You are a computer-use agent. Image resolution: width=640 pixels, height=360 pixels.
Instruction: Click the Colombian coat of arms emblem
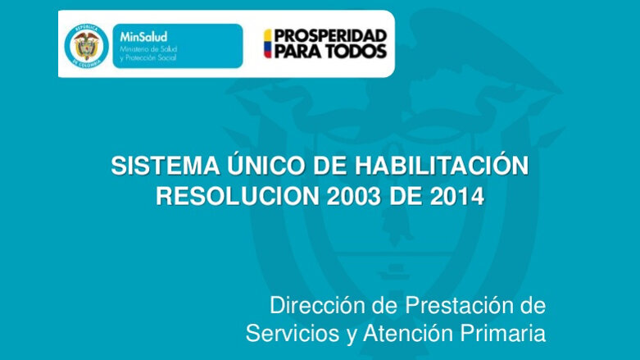click(x=86, y=44)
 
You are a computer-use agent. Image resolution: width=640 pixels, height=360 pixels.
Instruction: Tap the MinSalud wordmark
click(x=143, y=36)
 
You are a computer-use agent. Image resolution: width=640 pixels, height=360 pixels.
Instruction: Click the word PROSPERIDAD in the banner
click(x=330, y=36)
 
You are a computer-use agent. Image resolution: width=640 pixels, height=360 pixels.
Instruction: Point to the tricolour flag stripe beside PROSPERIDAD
click(x=267, y=43)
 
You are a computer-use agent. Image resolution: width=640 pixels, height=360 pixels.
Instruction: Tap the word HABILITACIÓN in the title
click(x=442, y=166)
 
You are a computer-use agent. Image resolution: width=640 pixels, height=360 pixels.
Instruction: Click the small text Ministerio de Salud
click(x=148, y=49)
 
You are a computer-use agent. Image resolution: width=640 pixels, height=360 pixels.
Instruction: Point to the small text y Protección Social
click(x=148, y=59)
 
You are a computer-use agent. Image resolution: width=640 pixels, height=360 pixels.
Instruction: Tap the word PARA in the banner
click(x=298, y=52)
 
